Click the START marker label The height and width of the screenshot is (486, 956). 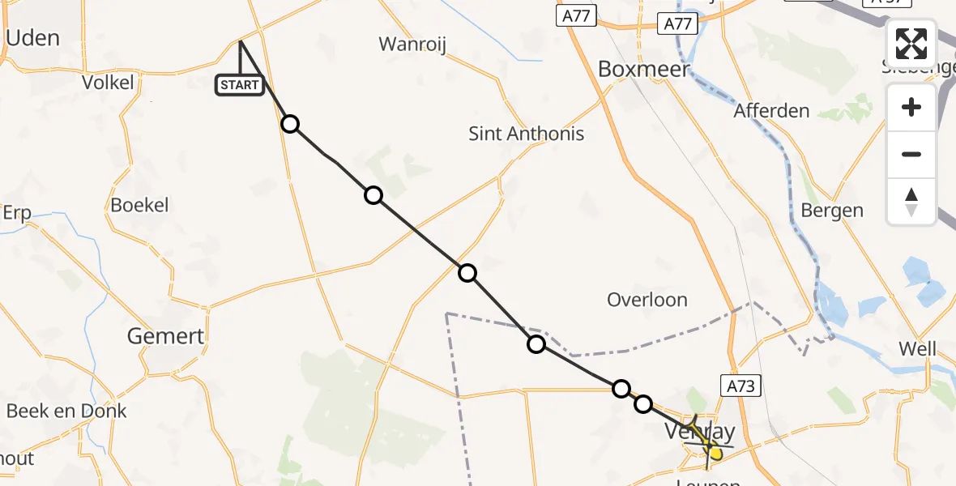240,84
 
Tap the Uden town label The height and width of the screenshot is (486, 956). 32,38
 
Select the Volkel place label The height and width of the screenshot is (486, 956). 108,82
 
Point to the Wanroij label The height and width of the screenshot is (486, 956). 413,44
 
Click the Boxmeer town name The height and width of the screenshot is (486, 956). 644,69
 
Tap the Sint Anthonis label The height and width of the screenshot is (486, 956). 527,134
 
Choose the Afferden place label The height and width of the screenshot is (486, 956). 771,111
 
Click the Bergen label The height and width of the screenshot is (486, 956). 832,211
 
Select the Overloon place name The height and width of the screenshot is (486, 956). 647,300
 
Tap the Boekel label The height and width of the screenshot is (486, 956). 139,206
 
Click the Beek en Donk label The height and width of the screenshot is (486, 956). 66,411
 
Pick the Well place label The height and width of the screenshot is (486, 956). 917,349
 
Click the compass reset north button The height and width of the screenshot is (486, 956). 911,201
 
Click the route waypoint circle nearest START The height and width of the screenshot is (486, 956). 290,124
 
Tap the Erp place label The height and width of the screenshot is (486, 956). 16,213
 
